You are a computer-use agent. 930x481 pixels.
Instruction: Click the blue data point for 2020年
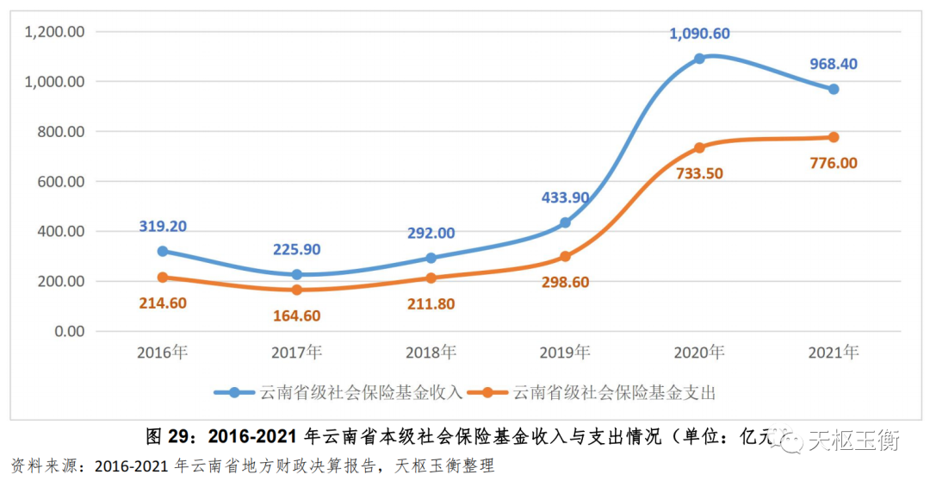[699, 59]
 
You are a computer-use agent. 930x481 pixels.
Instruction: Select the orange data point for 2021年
[834, 137]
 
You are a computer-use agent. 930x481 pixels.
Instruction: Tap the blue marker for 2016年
[162, 252]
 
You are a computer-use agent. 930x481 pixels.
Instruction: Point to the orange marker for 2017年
[296, 290]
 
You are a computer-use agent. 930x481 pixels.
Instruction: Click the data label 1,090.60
[699, 34]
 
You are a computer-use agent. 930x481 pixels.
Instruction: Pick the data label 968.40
[834, 64]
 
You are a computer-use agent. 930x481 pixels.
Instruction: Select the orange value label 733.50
[699, 173]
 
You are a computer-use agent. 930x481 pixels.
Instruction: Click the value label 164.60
[296, 315]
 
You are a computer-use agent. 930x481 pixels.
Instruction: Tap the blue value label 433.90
[565, 197]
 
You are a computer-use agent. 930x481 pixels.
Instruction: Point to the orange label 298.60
[565, 282]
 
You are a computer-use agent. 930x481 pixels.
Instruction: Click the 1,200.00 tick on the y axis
[54, 32]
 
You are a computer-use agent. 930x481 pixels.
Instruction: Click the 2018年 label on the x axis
[431, 353]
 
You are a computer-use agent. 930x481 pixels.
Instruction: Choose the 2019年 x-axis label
[565, 353]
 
